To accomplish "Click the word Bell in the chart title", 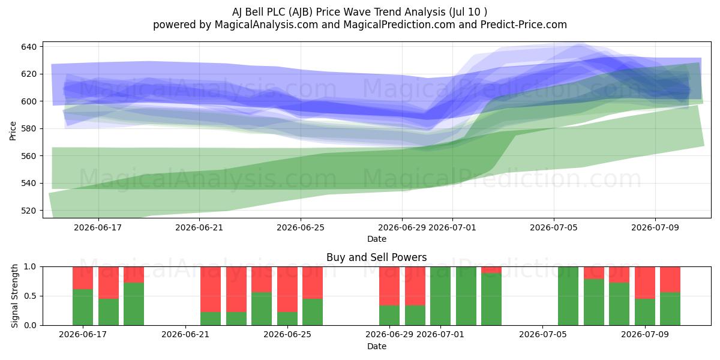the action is point(254,12).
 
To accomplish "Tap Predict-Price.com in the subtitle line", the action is point(524,25).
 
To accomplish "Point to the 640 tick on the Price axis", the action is point(29,47).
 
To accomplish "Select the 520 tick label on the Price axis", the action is point(29,211).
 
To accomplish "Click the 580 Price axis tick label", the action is point(29,129).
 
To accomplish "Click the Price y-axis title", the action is point(13,131).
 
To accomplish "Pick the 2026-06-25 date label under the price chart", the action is point(301,227).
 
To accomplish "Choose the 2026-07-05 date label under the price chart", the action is point(553,227).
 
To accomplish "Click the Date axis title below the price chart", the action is point(377,239).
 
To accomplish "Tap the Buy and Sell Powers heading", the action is point(376,257).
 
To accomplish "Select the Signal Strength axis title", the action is point(14,296).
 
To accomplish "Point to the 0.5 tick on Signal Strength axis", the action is point(30,296).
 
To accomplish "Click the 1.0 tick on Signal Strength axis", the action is point(30,267).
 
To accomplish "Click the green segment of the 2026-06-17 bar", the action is point(83,307).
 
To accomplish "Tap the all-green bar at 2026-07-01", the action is point(440,296).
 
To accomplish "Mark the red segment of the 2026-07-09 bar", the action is point(645,283).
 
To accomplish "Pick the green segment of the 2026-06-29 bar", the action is point(389,315).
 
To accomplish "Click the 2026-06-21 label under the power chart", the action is point(185,334).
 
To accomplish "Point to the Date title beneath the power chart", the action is point(377,346).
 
